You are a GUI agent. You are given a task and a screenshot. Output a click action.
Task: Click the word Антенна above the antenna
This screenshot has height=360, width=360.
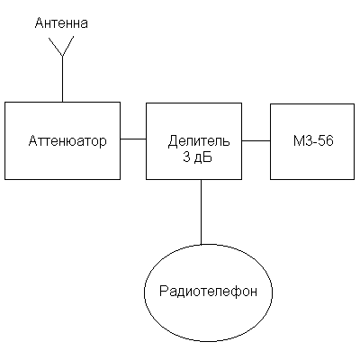click(x=61, y=23)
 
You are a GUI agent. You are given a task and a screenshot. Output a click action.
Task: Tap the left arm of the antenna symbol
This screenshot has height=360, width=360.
click(x=56, y=47)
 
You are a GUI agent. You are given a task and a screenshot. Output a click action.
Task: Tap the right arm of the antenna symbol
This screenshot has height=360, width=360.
click(x=68, y=46)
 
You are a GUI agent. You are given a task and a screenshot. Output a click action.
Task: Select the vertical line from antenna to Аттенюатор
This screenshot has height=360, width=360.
click(x=62, y=78)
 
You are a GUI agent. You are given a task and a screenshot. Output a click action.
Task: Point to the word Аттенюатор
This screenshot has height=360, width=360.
click(x=67, y=140)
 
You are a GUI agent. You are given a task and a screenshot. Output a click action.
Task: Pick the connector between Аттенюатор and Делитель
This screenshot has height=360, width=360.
click(x=133, y=139)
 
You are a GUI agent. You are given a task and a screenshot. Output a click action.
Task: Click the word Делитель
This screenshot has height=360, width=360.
click(x=199, y=141)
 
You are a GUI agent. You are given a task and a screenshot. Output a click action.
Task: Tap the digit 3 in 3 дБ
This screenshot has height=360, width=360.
click(x=186, y=157)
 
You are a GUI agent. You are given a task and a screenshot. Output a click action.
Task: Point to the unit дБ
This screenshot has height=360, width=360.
click(x=203, y=157)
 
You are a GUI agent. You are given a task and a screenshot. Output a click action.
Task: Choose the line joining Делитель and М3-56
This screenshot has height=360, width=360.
click(x=256, y=140)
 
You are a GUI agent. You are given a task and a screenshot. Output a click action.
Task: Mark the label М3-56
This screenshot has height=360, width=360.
click(x=313, y=140)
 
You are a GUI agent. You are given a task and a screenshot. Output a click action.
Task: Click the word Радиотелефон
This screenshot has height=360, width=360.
click(x=208, y=292)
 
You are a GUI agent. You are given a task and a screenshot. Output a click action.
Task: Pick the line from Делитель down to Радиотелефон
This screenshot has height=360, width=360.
click(x=201, y=212)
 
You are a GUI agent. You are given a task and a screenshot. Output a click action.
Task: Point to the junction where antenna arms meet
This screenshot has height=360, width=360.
click(x=62, y=56)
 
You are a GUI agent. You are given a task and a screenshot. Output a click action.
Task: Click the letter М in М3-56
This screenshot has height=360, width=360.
click(x=298, y=140)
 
